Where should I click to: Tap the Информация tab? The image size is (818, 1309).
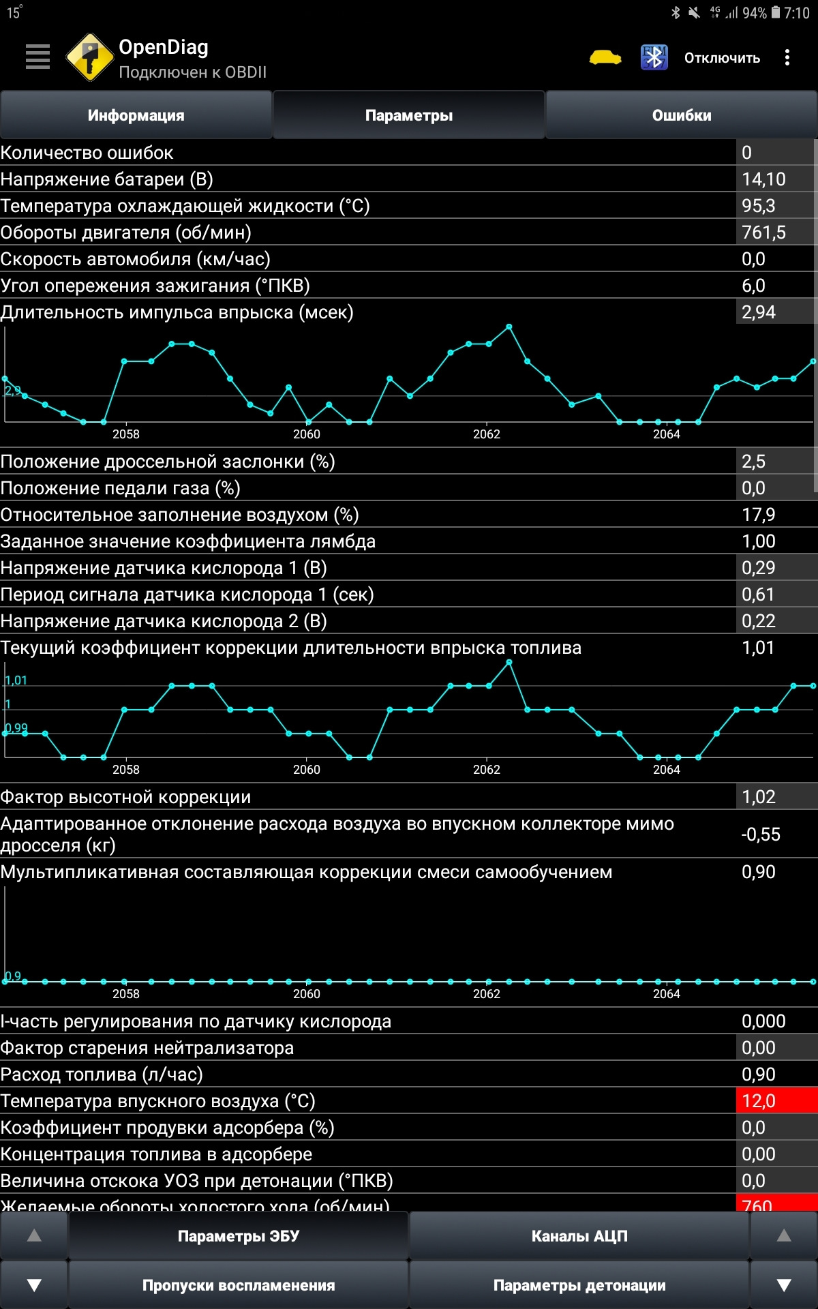pos(136,115)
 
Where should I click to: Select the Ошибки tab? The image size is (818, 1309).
pos(682,115)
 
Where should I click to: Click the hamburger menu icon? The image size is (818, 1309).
pos(37,57)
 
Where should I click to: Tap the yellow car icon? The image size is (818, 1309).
pos(605,57)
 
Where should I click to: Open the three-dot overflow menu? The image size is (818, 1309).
pos(787,57)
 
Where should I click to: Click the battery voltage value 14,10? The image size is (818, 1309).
pos(763,179)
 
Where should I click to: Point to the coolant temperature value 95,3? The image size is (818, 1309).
pos(758,206)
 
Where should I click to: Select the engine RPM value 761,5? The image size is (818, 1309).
pos(763,232)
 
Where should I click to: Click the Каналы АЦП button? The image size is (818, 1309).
pos(579,1236)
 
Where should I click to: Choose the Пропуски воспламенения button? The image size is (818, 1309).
pos(239,1285)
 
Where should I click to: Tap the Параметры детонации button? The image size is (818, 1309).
pos(579,1285)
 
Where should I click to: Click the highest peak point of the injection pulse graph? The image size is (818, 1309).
pos(509,327)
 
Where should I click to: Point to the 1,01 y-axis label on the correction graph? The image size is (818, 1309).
pos(16,680)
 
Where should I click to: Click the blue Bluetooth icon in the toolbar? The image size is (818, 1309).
pos(654,57)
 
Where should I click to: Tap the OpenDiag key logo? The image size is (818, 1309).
pos(89,57)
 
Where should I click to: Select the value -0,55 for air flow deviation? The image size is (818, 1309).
pos(761,834)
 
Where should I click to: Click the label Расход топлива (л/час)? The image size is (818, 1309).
pos(102,1074)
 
